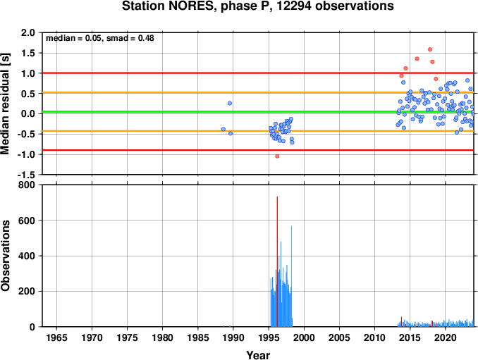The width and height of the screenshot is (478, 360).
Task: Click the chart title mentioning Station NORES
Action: [x=257, y=6]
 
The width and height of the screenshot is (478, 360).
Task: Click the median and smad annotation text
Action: [x=100, y=38]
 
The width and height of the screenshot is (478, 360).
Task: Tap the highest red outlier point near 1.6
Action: [x=430, y=49]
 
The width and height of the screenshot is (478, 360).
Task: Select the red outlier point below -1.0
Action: [x=277, y=156]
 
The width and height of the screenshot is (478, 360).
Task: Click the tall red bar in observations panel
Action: [x=277, y=261]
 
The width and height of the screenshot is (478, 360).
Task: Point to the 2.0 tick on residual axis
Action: [x=27, y=32]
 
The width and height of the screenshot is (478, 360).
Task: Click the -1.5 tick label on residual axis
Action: [x=26, y=175]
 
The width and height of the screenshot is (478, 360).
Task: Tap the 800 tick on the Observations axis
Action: [x=27, y=185]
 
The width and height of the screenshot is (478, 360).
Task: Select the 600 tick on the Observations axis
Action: [x=27, y=221]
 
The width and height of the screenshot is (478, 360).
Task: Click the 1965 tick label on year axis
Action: [x=56, y=337]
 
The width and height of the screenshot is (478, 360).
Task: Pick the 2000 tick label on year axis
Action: [x=304, y=337]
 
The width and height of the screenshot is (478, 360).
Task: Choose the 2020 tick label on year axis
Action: [x=446, y=337]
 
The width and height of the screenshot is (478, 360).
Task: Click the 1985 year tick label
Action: [x=198, y=337]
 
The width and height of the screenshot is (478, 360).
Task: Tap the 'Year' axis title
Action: [x=258, y=355]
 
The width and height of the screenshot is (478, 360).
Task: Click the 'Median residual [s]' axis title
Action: [x=5, y=104]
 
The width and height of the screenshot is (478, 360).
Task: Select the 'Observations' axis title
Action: [x=5, y=256]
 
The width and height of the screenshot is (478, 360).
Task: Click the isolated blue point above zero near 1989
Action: [x=230, y=104]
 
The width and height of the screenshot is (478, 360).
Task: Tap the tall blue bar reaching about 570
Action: [x=291, y=276]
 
